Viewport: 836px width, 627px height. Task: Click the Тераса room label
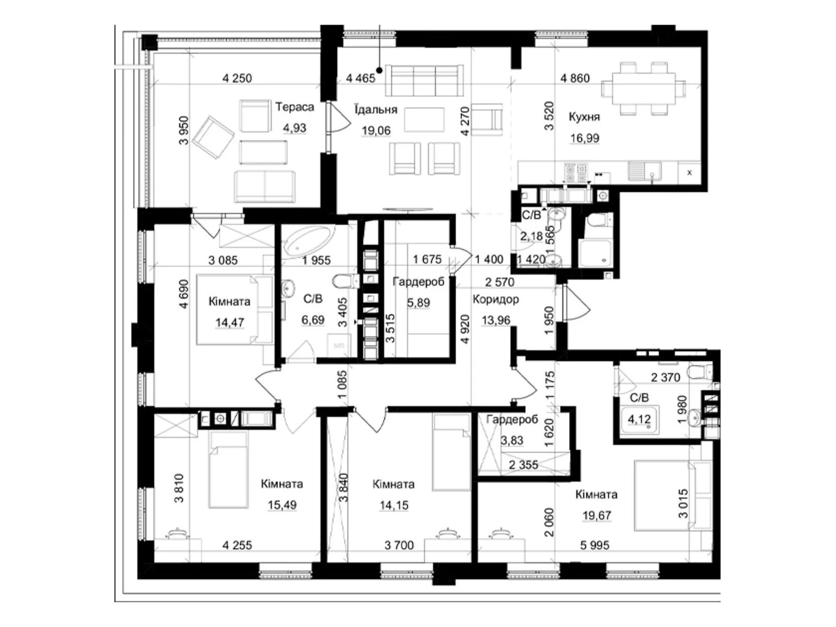(295, 107)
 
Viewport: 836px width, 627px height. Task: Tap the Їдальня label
(376, 110)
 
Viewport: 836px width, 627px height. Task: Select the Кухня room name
(584, 117)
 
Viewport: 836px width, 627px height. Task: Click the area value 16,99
(584, 138)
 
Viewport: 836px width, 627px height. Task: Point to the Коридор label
(495, 299)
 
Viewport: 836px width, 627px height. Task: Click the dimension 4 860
(575, 78)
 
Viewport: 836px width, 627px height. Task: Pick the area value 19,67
(597, 516)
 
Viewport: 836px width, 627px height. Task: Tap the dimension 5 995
(595, 545)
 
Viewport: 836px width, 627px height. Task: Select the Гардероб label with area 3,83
(512, 420)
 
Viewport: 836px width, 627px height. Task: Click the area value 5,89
(418, 303)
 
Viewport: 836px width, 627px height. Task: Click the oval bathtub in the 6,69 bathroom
(307, 241)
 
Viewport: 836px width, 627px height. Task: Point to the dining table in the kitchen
(643, 88)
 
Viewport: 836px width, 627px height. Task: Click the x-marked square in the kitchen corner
(690, 172)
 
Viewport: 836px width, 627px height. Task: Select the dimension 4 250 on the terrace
(237, 78)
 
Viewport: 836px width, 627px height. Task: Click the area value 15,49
(282, 505)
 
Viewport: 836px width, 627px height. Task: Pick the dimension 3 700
(399, 545)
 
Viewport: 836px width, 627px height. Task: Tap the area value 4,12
(639, 419)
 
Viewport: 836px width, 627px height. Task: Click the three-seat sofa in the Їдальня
(424, 80)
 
